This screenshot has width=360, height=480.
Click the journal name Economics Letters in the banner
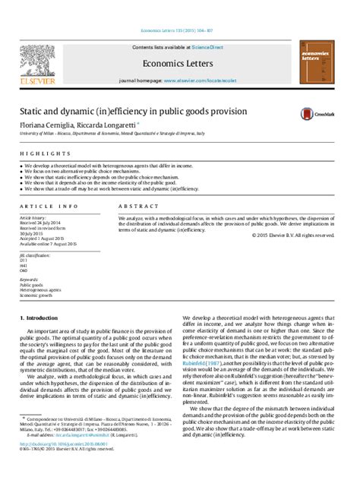[180, 65]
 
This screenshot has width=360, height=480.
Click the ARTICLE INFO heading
[49, 206]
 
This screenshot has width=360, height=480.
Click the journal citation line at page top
[180, 31]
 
